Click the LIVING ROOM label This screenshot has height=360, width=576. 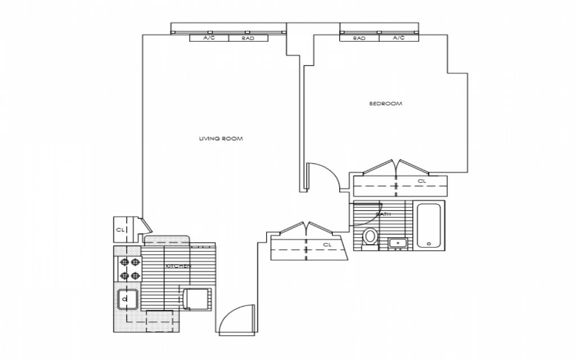220,138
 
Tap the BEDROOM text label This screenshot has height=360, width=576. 385,103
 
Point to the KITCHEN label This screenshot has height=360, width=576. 178,265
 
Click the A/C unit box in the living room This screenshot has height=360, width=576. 209,38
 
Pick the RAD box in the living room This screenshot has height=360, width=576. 247,38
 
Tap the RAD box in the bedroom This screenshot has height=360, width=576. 359,38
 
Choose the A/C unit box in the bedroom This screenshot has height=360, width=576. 398,38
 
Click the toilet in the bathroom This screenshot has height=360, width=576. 370,236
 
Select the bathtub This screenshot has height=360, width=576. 429,225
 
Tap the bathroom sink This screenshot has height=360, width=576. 398,243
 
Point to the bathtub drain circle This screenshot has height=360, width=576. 429,244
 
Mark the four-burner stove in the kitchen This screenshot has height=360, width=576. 129,268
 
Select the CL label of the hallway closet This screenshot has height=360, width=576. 327,245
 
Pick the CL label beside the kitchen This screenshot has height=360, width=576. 120,229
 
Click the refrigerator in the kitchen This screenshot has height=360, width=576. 196,298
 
